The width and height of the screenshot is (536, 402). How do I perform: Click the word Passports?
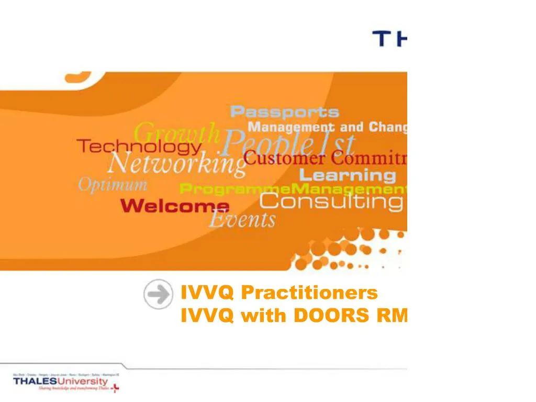tap(285, 112)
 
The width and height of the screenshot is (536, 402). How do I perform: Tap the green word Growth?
tap(177, 132)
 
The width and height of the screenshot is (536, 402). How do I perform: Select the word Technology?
tap(139, 147)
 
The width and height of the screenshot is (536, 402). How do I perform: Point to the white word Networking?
tap(176, 164)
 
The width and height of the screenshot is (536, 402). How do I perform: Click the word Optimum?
tap(113, 185)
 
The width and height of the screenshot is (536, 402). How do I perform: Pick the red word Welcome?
tap(175, 206)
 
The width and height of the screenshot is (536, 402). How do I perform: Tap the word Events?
tap(242, 219)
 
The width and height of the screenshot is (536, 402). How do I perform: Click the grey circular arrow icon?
tap(158, 295)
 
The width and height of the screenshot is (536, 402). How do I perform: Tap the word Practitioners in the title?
tap(309, 293)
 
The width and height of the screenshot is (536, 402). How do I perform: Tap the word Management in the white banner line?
tap(291, 127)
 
